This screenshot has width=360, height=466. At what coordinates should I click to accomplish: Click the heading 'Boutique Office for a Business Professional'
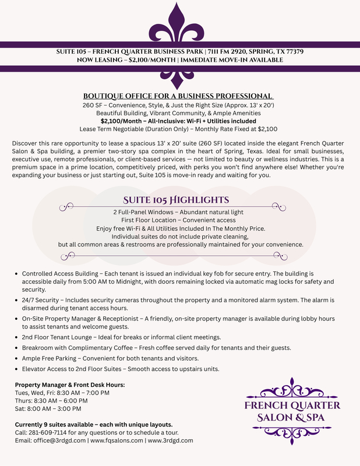(179, 96)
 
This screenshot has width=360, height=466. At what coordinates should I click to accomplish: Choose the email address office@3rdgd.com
(58, 440)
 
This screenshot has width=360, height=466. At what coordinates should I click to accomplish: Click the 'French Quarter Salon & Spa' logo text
(292, 411)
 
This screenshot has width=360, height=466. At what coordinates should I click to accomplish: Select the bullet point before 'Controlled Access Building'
(15, 274)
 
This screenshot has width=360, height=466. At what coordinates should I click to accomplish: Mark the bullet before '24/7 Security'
(15, 300)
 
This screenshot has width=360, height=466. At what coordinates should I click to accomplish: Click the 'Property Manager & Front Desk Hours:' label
(70, 385)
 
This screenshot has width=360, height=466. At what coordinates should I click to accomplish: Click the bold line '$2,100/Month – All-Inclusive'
(179, 121)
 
